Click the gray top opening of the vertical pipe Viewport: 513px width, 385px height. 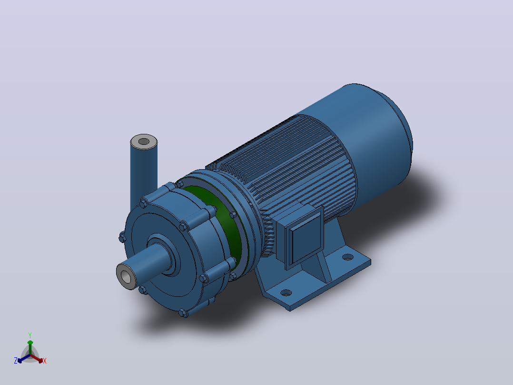point(144,142)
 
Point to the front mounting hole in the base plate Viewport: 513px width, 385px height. point(286,292)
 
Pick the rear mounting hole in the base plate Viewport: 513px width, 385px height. point(348,257)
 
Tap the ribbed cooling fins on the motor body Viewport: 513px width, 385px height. point(288,171)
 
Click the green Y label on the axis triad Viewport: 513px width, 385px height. point(30,335)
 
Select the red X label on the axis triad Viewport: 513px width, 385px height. point(45,361)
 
